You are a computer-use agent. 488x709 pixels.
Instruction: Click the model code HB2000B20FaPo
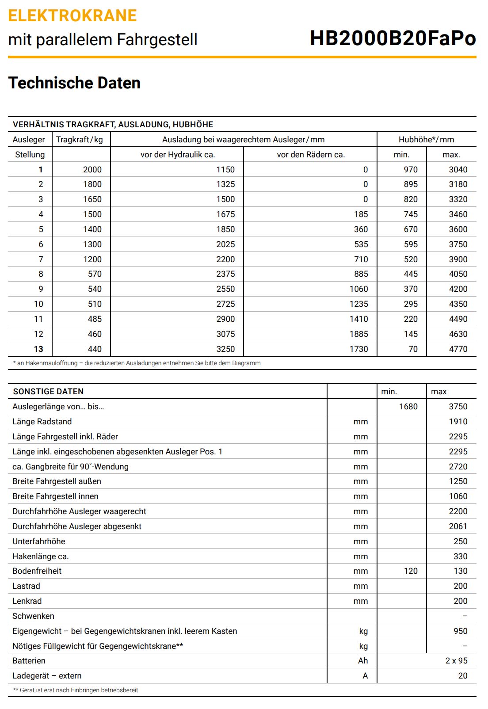pyautogui.click(x=393, y=38)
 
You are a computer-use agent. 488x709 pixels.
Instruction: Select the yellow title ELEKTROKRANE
pyautogui.click(x=72, y=15)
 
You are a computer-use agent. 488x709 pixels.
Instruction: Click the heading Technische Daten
pyautogui.click(x=74, y=83)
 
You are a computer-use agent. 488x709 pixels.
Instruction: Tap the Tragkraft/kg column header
pyautogui.click(x=80, y=140)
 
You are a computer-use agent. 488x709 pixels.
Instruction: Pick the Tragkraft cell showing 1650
pyautogui.click(x=92, y=199)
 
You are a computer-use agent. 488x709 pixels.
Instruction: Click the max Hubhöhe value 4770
pyautogui.click(x=458, y=349)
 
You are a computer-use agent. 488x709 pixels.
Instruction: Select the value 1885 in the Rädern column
pyautogui.click(x=358, y=334)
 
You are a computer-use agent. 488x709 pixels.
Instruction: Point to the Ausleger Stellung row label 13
pyautogui.click(x=38, y=349)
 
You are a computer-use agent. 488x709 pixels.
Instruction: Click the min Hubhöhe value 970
pyautogui.click(x=410, y=169)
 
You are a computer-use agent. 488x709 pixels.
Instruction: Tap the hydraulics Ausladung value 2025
pyautogui.click(x=225, y=244)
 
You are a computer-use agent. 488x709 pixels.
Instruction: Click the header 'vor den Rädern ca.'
pyautogui.click(x=311, y=155)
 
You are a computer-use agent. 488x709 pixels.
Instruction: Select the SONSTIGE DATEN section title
pyautogui.click(x=48, y=392)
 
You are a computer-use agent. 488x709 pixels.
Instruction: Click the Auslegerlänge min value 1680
pyautogui.click(x=408, y=407)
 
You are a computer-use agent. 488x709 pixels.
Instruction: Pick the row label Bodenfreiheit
pyautogui.click(x=37, y=571)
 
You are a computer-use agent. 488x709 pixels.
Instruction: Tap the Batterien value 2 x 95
pyautogui.click(x=456, y=661)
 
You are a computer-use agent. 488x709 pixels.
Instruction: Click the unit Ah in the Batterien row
pyautogui.click(x=363, y=661)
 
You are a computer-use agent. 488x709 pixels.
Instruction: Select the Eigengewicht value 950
pyautogui.click(x=460, y=631)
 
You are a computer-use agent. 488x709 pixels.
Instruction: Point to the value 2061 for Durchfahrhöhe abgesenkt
pyautogui.click(x=458, y=526)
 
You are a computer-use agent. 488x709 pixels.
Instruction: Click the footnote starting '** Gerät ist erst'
pyautogui.click(x=76, y=690)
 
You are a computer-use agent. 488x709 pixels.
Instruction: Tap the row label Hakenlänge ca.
pyautogui.click(x=41, y=557)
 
